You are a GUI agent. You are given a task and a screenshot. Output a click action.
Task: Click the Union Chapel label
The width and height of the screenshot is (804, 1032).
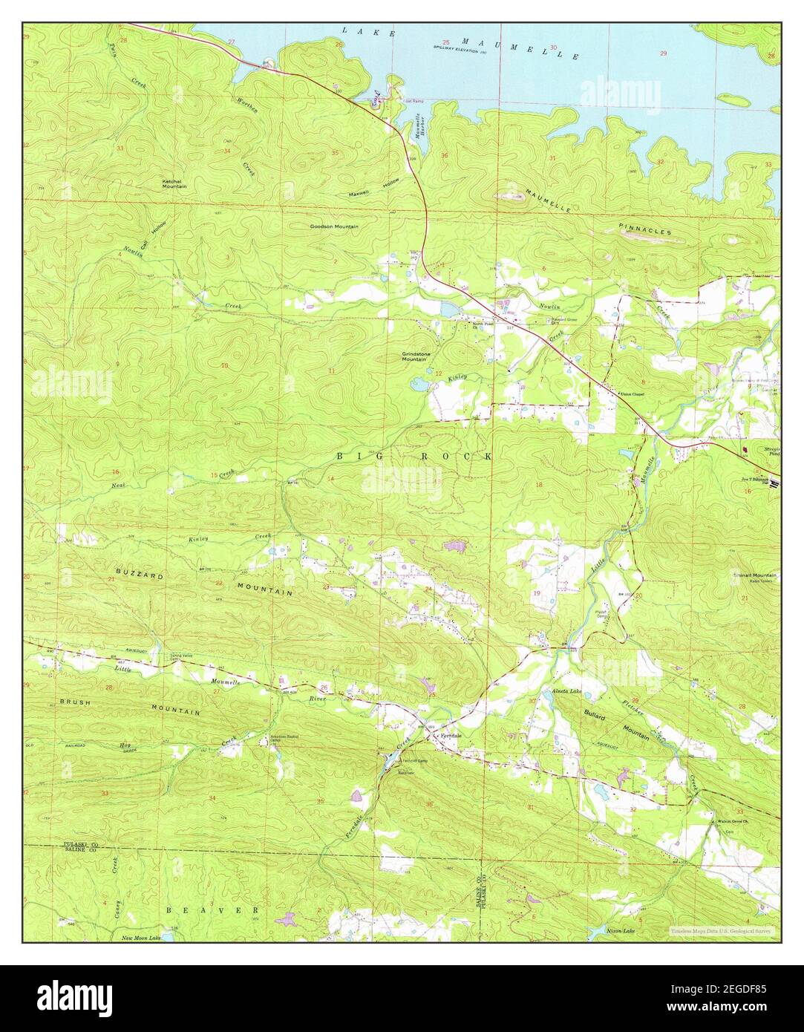[x=632, y=393]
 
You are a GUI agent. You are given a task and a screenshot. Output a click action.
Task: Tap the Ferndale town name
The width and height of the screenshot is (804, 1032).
[x=451, y=735]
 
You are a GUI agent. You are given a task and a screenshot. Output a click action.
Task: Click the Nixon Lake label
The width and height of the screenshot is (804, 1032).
[x=621, y=930]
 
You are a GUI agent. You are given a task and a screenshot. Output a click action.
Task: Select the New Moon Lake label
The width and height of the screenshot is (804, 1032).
[x=141, y=938]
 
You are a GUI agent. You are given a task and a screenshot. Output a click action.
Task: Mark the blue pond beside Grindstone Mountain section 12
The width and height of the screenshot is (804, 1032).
[x=418, y=384]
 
